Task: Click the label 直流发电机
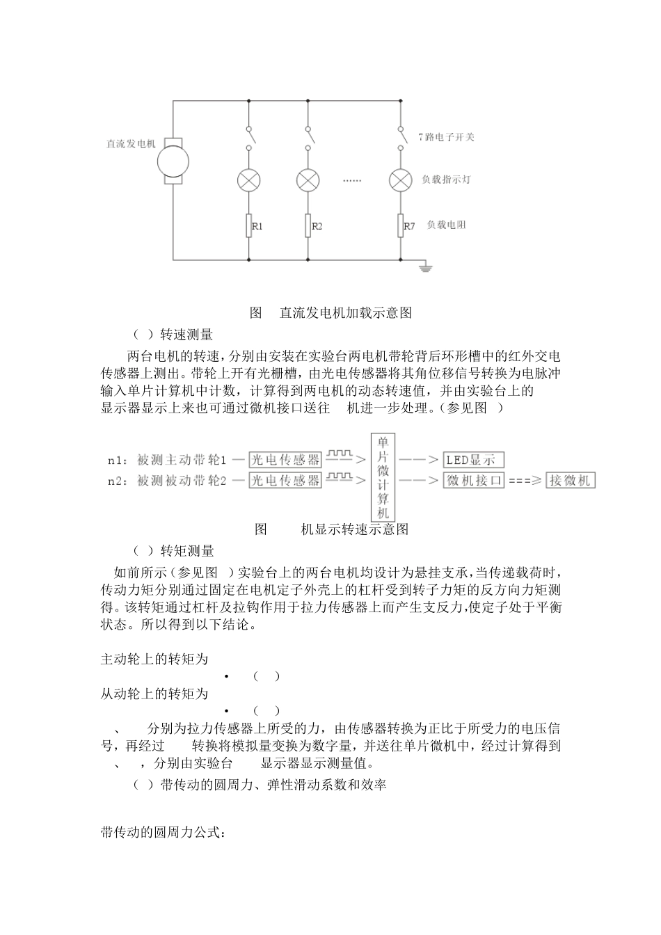click(x=130, y=144)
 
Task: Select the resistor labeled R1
click(x=248, y=226)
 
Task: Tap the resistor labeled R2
click(x=308, y=226)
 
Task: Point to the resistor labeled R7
click(x=400, y=226)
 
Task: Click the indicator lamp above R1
click(x=248, y=180)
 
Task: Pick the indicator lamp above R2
click(x=308, y=180)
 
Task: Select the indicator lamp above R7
click(x=400, y=180)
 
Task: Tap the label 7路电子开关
click(x=446, y=137)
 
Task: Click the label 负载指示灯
click(x=446, y=179)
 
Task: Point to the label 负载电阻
click(x=446, y=225)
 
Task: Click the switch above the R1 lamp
click(x=248, y=137)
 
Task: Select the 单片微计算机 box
click(x=383, y=477)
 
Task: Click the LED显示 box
click(x=473, y=460)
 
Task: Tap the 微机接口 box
click(x=473, y=481)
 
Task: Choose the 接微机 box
click(x=571, y=481)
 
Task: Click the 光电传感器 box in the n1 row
click(x=285, y=460)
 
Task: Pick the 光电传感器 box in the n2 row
click(x=285, y=481)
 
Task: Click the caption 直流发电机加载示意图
click(x=346, y=313)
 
